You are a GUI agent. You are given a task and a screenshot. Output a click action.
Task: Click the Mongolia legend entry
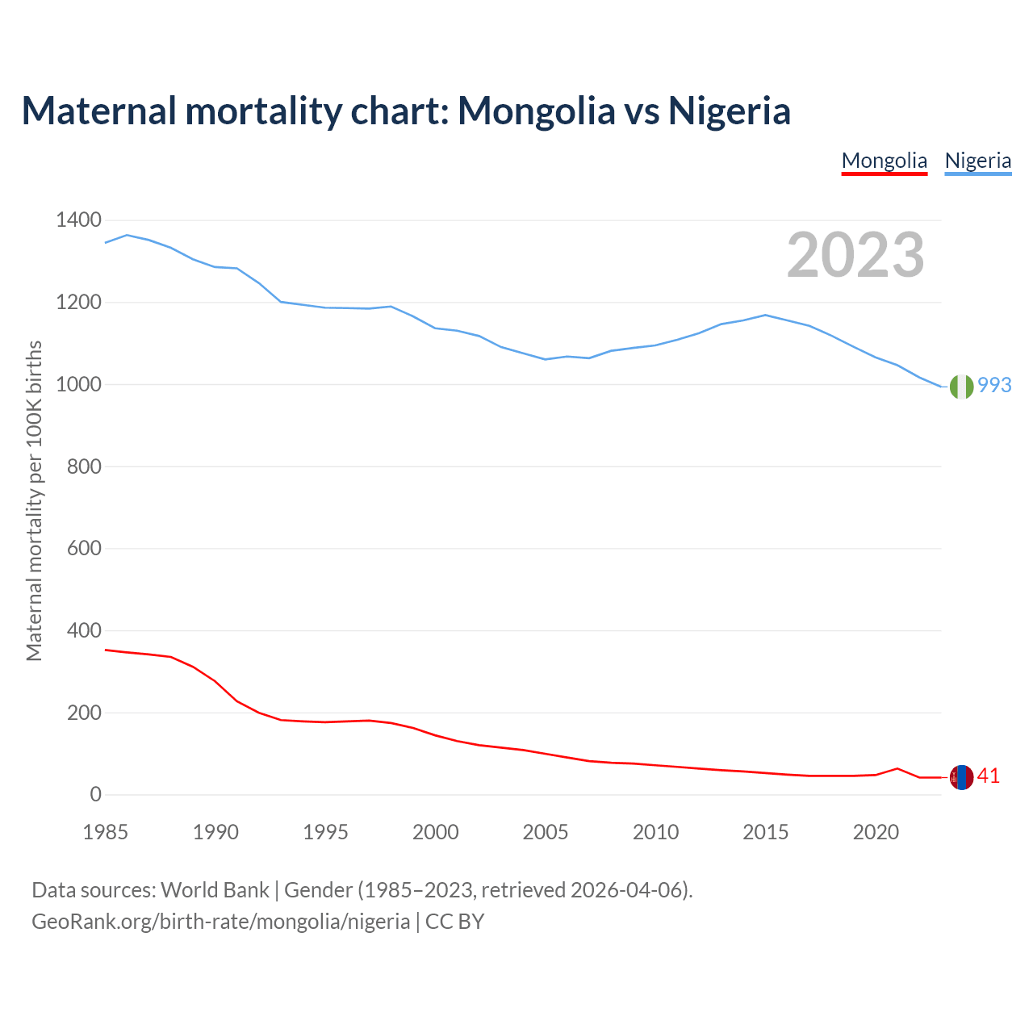point(885,161)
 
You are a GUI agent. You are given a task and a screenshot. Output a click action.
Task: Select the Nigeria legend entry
point(978,161)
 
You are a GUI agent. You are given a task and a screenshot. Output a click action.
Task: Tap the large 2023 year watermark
point(855,255)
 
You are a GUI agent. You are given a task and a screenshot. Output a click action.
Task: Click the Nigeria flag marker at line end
point(961,387)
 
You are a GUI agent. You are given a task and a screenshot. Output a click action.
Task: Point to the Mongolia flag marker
point(961,777)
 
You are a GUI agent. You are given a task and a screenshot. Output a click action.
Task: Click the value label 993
point(994,386)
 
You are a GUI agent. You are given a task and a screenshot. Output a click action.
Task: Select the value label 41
point(989,776)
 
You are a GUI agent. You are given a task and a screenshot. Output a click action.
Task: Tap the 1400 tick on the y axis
point(78,220)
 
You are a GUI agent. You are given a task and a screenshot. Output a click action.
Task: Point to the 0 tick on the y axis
point(96,795)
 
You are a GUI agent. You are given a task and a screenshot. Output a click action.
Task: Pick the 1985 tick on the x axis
point(106,832)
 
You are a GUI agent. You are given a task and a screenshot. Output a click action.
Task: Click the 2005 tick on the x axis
point(546,832)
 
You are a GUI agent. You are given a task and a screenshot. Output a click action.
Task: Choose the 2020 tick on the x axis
point(876,832)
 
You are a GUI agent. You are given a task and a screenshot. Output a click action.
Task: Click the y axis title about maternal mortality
point(34,500)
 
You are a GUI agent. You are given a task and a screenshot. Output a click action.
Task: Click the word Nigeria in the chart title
point(729,111)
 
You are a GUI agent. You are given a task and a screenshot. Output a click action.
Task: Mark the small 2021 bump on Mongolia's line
point(897,768)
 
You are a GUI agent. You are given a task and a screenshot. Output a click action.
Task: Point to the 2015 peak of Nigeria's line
point(765,315)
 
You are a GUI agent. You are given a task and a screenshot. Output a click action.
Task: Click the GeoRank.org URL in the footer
point(220,922)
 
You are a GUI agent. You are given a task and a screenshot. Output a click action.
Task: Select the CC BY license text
point(454,922)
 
